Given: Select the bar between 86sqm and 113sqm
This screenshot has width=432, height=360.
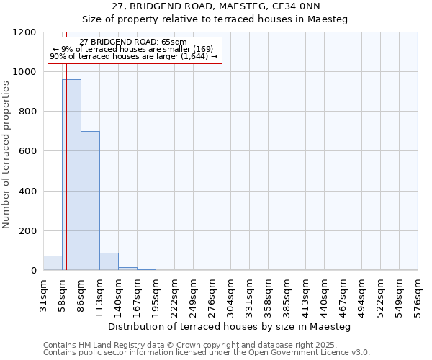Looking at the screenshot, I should [x=90, y=201].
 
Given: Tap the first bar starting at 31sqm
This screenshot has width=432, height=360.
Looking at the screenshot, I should [x=53, y=263].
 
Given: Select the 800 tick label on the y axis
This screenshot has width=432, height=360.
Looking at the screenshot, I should [x=27, y=112].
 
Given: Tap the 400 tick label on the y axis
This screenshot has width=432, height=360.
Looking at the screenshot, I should [x=27, y=192].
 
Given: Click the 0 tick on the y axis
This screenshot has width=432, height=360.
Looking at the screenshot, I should [x=33, y=271].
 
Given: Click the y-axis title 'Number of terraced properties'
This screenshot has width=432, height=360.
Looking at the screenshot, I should [x=6, y=154].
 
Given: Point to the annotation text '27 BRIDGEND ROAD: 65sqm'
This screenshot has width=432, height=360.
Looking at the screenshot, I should [x=133, y=42].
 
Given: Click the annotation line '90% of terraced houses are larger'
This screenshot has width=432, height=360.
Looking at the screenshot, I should [x=133, y=56].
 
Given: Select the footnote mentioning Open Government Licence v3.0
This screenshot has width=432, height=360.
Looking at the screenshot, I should [x=207, y=353].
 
